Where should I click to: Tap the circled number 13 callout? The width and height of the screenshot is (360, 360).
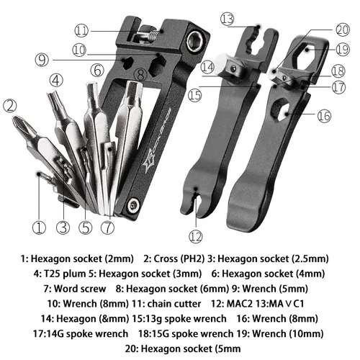pos(228,18)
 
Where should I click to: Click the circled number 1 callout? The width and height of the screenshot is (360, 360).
pos(39,229)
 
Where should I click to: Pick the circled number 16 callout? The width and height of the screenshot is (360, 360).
pos(323,116)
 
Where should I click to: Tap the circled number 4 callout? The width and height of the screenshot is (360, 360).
pos(55,81)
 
